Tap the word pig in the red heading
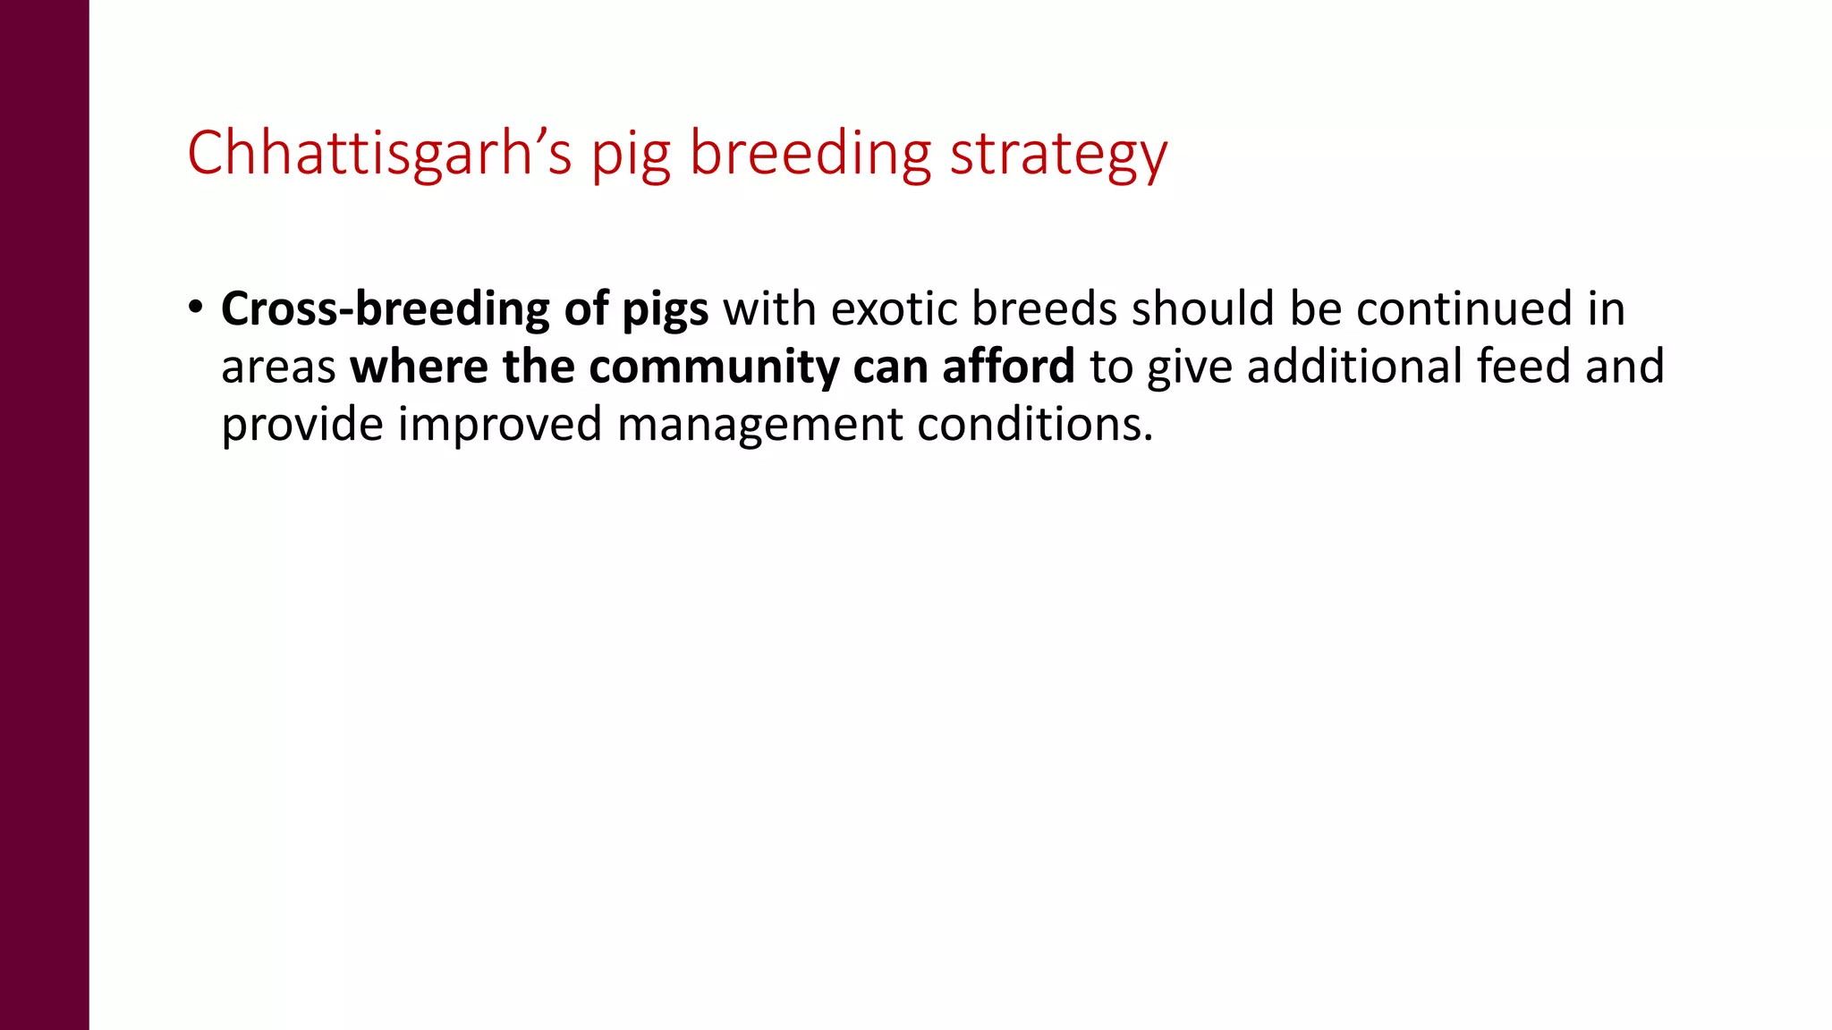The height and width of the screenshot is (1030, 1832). click(631, 157)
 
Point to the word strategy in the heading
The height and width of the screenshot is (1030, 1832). click(1058, 157)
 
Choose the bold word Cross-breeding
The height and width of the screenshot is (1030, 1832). click(385, 310)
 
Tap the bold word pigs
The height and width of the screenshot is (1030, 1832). click(665, 312)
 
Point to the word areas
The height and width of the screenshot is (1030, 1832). click(278, 368)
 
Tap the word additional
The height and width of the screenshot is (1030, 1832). click(1354, 367)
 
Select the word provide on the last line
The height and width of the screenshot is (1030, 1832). click(302, 426)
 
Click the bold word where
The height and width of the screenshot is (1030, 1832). click(419, 367)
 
